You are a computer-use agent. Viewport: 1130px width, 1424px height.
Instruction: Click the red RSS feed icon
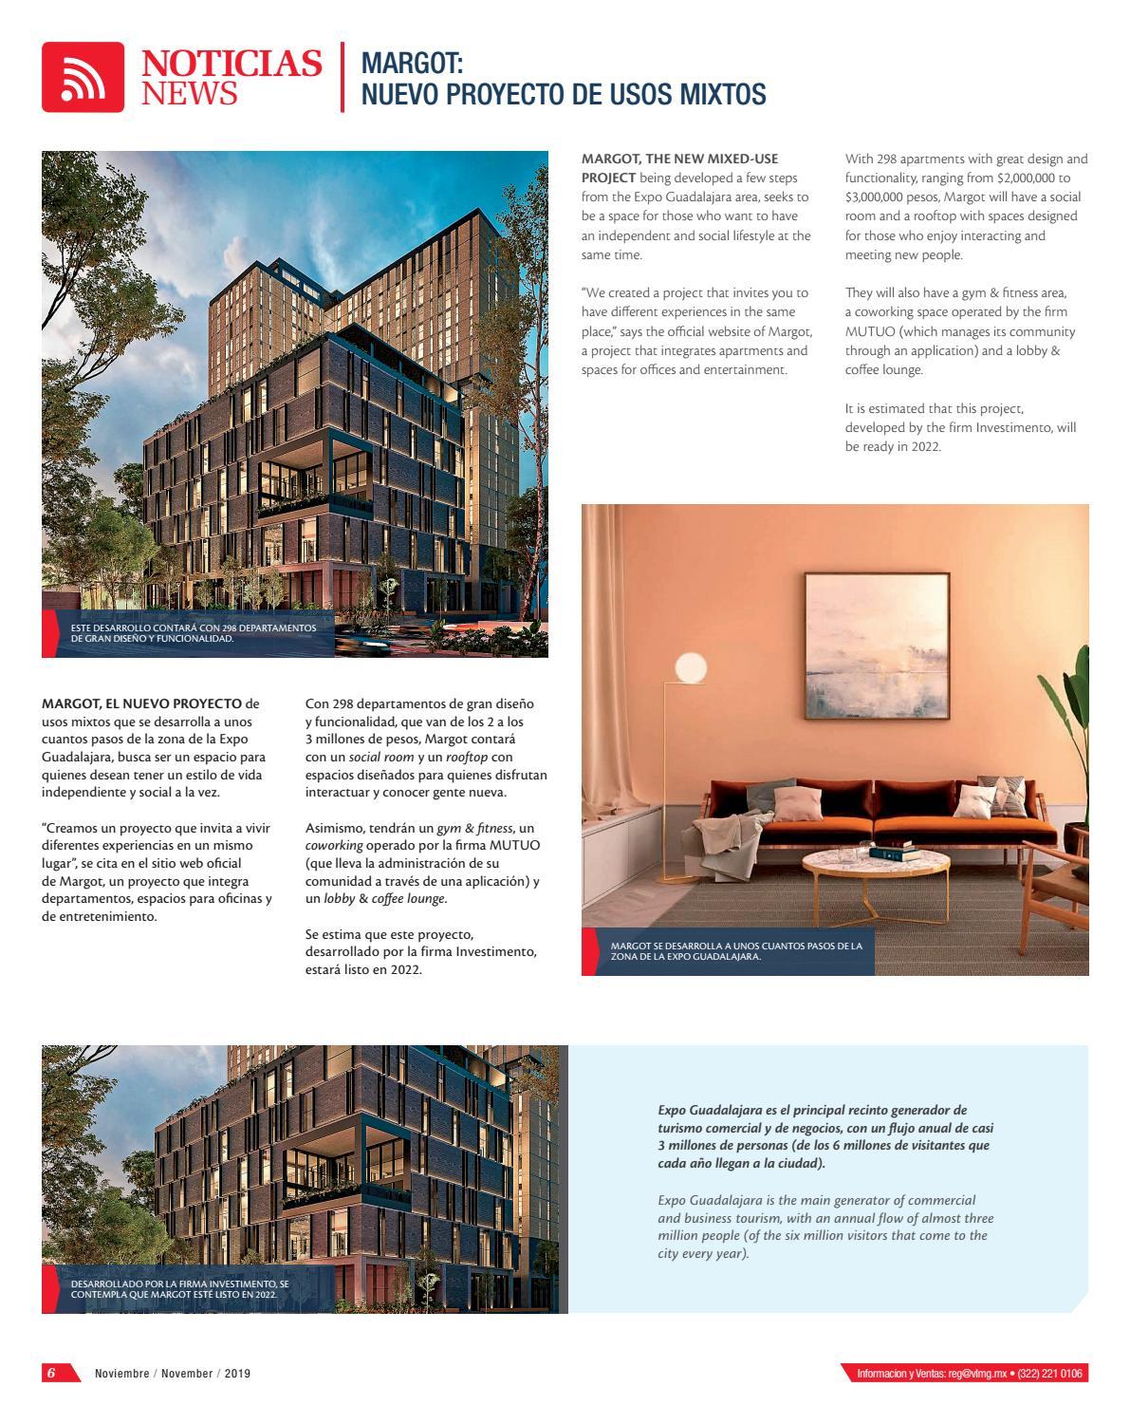click(83, 77)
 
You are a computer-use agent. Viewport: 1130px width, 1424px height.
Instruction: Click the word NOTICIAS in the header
click(232, 64)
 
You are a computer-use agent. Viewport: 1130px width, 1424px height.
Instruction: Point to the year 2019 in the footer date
click(238, 1374)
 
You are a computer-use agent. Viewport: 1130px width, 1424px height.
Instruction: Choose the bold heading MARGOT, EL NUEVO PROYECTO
click(142, 703)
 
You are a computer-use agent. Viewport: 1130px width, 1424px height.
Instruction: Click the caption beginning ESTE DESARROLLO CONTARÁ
click(194, 632)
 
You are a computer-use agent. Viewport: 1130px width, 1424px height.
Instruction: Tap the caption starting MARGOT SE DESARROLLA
click(736, 951)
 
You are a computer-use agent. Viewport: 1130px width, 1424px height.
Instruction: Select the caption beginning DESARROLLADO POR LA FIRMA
click(179, 1288)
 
